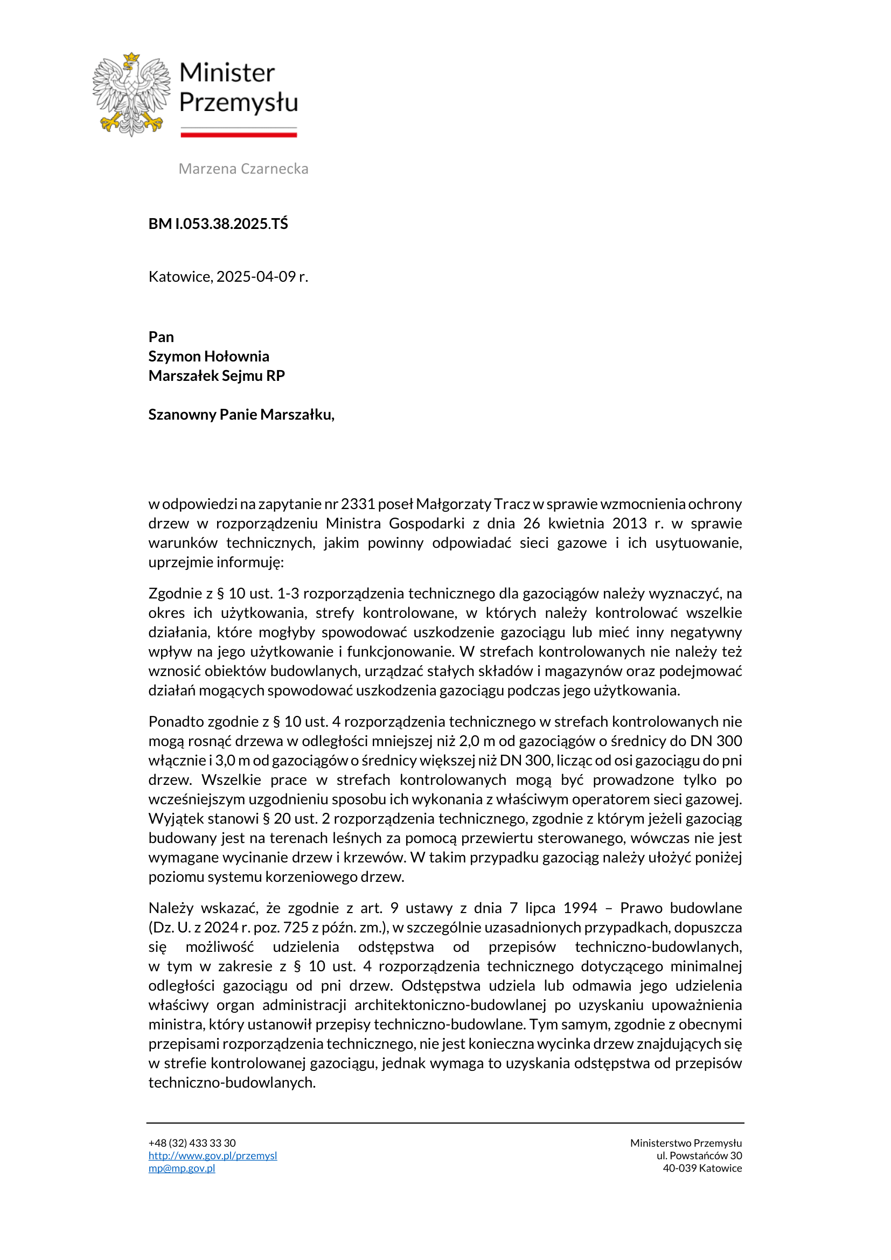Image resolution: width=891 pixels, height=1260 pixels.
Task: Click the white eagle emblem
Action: coord(131,94)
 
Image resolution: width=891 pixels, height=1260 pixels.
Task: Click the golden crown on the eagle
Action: coord(131,58)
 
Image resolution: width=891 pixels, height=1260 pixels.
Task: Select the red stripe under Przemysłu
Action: coord(239,135)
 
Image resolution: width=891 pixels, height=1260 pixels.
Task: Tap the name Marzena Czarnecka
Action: coord(243,169)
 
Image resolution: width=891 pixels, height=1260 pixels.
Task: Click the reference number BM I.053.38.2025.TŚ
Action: coord(218,224)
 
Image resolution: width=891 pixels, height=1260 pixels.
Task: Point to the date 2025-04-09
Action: coord(256,276)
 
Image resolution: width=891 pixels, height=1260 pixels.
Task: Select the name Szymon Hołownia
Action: coord(208,356)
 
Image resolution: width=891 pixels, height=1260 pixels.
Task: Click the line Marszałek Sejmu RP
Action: coord(216,376)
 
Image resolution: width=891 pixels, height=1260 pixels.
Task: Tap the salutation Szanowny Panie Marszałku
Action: coord(241,414)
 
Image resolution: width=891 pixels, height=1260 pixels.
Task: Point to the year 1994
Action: coord(580,908)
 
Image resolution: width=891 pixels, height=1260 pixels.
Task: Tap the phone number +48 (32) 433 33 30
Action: coord(191,1143)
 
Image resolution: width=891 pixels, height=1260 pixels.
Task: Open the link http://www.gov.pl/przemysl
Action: coord(212,1155)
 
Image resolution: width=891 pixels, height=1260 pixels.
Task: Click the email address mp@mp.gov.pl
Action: coord(182,1168)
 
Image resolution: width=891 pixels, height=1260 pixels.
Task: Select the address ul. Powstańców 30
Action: coord(699,1155)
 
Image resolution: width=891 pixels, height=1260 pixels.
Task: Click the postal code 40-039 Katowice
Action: coord(702,1168)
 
